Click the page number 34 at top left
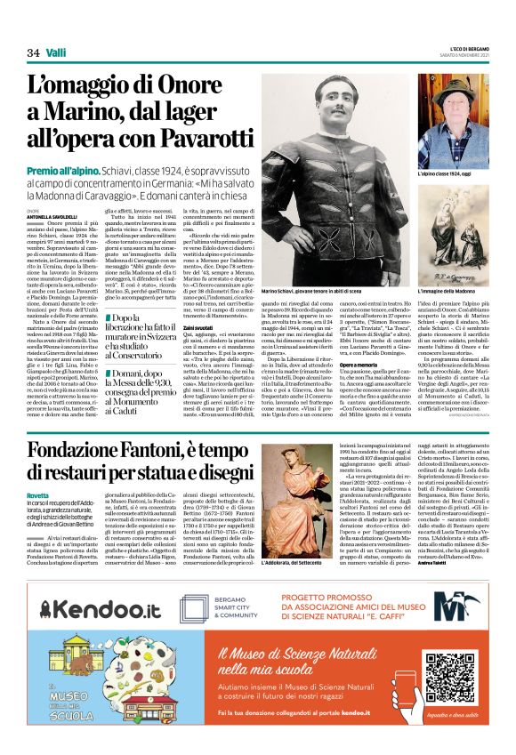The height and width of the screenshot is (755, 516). pos(34,53)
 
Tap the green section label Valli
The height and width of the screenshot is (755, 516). pos(58,53)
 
